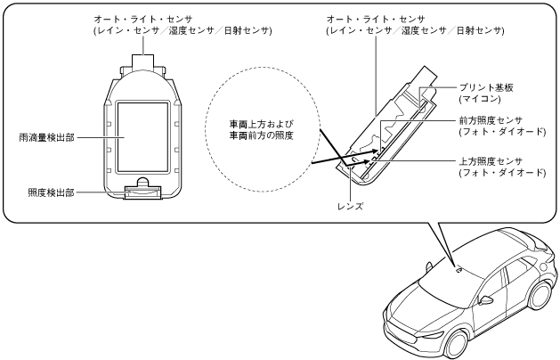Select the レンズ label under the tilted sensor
pyautogui.click(x=353, y=204)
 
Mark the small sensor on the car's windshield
pyautogui.click(x=459, y=267)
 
